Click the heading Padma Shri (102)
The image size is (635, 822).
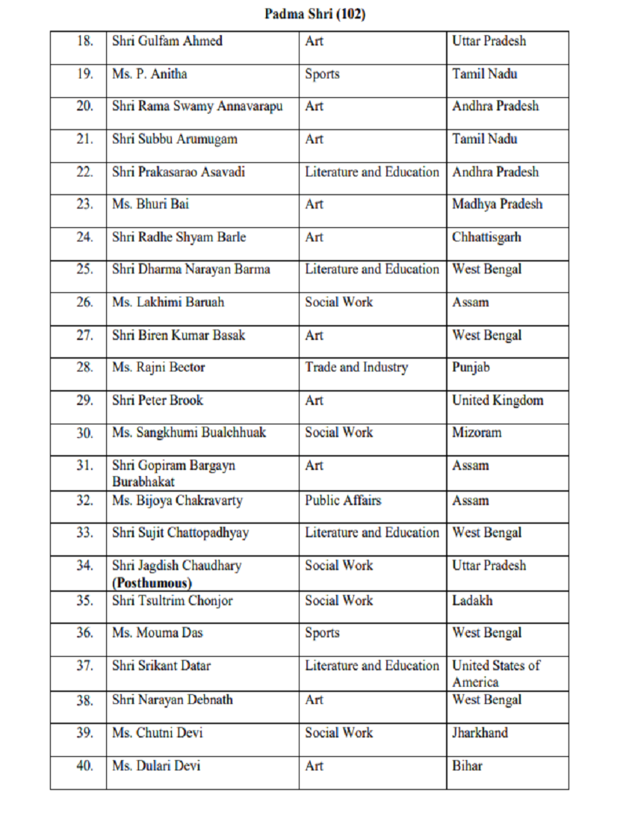click(x=315, y=14)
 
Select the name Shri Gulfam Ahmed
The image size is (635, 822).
click(x=167, y=41)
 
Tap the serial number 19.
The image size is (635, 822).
click(x=84, y=74)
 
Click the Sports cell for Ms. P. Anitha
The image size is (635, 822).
click(x=322, y=74)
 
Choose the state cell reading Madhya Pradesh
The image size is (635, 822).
click(x=497, y=204)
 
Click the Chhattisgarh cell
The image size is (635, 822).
click(x=486, y=237)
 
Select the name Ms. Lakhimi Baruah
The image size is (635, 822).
click(x=167, y=302)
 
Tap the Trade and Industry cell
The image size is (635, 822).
click(x=356, y=367)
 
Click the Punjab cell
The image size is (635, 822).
click(x=471, y=367)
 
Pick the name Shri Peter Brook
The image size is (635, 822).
click(x=157, y=400)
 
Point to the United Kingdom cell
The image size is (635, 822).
click(x=498, y=400)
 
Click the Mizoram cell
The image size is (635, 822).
click(x=477, y=432)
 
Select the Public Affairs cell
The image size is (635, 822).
click(x=342, y=500)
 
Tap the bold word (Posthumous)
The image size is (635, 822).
click(x=152, y=582)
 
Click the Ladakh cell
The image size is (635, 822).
click(x=472, y=600)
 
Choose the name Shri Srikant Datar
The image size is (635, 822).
click(x=161, y=665)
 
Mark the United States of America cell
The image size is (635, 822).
click(x=495, y=673)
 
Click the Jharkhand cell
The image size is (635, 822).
click(x=480, y=732)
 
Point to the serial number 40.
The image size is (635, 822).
click(x=84, y=765)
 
